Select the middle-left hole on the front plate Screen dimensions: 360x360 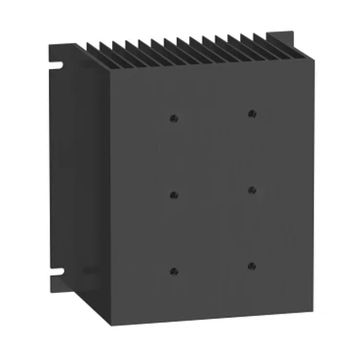(174, 193)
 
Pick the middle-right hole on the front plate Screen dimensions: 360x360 (252, 187)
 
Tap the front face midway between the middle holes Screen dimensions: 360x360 (213, 190)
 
